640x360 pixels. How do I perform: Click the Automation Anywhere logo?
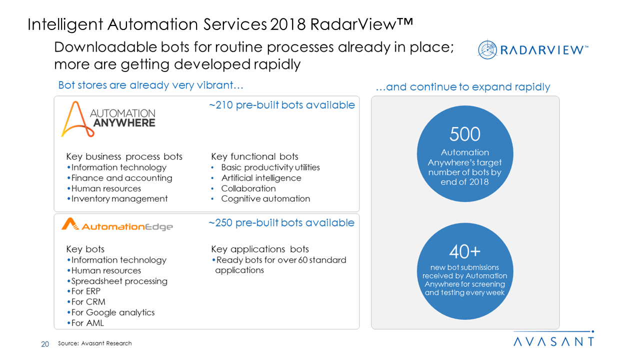[x=108, y=119]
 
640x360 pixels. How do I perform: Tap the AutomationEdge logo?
[x=117, y=225]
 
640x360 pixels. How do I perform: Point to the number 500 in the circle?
[x=464, y=134]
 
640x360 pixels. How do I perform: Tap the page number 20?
[x=45, y=343]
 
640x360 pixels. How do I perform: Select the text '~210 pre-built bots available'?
[x=281, y=105]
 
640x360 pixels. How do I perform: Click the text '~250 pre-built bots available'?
[x=281, y=223]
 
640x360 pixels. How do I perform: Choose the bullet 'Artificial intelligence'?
[x=261, y=178]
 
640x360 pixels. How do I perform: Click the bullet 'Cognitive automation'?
[x=265, y=198]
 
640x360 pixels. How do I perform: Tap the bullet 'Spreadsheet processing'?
[x=119, y=281]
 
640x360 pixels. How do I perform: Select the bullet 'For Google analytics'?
[x=112, y=312]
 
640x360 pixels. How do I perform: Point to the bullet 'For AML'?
[x=87, y=323]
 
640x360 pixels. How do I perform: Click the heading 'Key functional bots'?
[x=254, y=156]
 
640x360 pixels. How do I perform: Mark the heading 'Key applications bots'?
[x=260, y=249]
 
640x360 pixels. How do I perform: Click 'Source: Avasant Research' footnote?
[x=95, y=343]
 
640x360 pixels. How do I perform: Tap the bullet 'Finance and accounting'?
[x=121, y=178]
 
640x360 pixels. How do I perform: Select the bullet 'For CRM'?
[x=88, y=302]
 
